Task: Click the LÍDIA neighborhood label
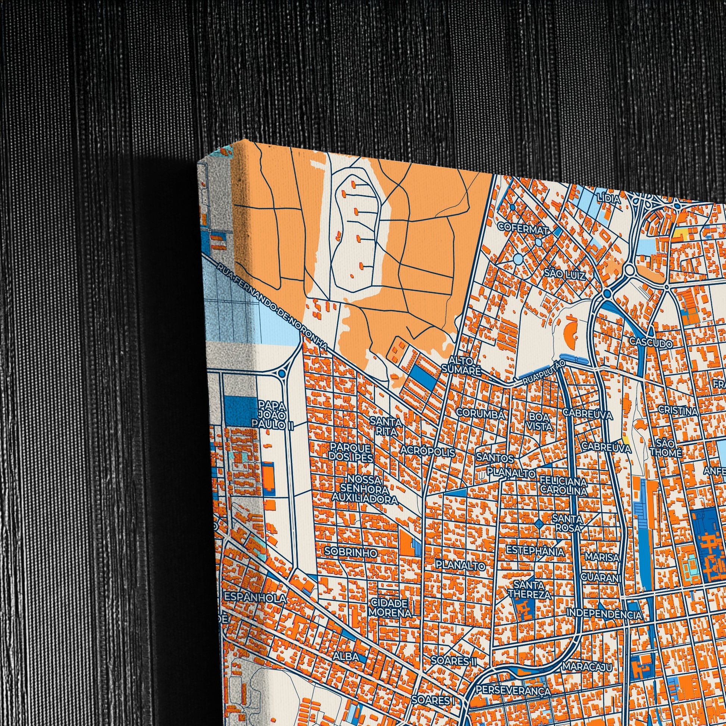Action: (x=609, y=200)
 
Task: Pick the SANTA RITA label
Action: (x=386, y=426)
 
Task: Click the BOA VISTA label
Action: (x=541, y=422)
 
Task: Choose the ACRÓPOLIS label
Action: (x=428, y=451)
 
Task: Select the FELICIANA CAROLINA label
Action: (x=563, y=485)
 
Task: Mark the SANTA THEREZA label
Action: (x=529, y=589)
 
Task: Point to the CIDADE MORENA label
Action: (x=390, y=608)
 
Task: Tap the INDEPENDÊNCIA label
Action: (x=604, y=614)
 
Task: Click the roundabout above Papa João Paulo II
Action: (x=281, y=373)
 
